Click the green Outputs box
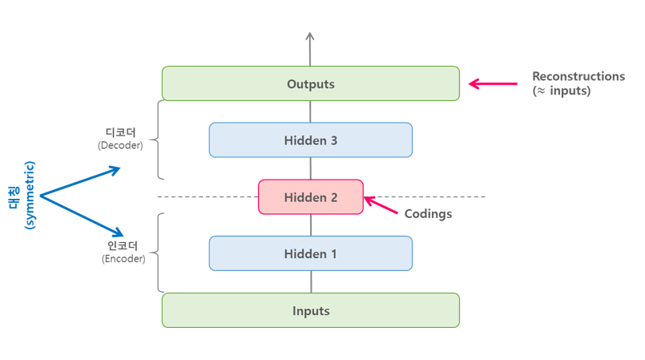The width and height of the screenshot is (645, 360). coord(311,83)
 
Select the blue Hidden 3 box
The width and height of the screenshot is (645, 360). coord(311,140)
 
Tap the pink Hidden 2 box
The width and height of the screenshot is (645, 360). coord(311,197)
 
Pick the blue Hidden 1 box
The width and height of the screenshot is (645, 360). coord(311,253)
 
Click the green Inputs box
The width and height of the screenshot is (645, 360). coord(311,310)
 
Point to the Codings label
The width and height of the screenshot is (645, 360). coord(428,214)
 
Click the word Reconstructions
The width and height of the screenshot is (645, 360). coord(578,76)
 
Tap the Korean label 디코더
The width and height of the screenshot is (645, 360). coord(120,132)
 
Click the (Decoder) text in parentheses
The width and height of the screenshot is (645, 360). coord(120,145)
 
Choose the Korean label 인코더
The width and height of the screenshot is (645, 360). coord(123,245)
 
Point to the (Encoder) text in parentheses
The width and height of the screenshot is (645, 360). coord(123,259)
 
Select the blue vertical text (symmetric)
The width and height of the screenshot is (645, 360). coord(30,196)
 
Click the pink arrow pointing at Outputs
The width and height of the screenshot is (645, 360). coord(492,83)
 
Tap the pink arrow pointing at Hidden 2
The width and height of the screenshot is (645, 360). coord(381,205)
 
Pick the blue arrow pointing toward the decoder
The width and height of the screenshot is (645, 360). coord(81,181)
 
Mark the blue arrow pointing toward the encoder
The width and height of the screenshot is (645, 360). coord(83,215)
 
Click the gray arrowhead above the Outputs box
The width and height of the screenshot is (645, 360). coord(310,37)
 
